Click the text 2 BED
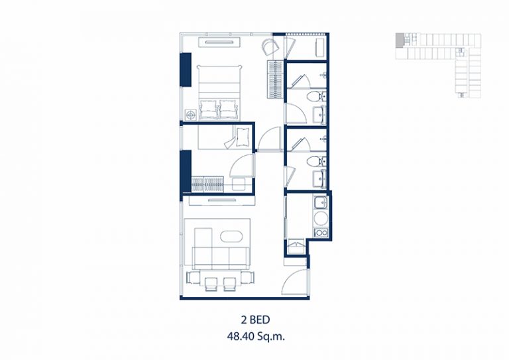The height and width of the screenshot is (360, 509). (255, 320)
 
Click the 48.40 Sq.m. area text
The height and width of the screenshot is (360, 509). (256, 337)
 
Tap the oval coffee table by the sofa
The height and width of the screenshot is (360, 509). (231, 236)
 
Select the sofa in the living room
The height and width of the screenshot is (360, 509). (221, 257)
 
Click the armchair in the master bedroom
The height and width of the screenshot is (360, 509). (270, 47)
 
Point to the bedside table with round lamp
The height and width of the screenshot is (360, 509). (191, 115)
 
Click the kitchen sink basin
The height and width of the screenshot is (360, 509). (321, 203)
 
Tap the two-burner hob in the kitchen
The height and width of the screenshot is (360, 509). (321, 233)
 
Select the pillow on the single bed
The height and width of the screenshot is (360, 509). (242, 137)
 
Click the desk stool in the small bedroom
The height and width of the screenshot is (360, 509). (240, 184)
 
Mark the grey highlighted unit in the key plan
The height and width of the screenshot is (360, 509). (399, 40)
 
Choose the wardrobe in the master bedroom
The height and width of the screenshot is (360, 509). (275, 79)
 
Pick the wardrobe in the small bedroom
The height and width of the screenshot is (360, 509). (207, 184)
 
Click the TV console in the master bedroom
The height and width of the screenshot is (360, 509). (220, 42)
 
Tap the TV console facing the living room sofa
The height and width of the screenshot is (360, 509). (221, 201)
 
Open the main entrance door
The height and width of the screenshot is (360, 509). (295, 281)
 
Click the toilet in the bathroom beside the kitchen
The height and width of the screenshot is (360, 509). (314, 160)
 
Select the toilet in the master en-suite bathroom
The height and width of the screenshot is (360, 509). (314, 96)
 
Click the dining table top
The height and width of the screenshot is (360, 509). (221, 276)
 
